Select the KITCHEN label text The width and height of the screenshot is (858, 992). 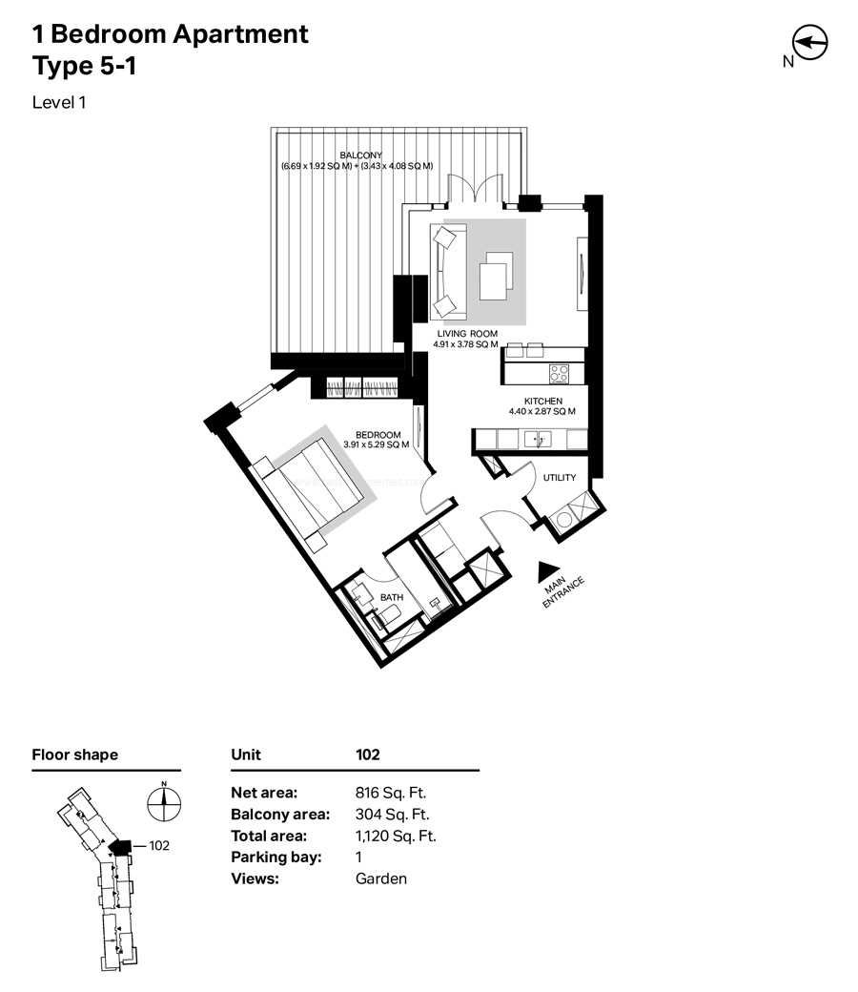point(542,401)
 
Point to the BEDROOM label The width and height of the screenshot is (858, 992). point(377,434)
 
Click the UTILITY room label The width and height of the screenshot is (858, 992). point(560,477)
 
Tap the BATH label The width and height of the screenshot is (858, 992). point(392,597)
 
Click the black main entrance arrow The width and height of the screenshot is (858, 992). point(548,570)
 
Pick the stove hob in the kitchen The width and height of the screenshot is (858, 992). point(559,373)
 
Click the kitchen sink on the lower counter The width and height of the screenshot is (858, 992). point(538,439)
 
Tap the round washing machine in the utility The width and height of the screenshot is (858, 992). point(565,520)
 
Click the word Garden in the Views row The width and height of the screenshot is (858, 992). point(380,878)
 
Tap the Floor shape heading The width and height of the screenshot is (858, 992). point(75,754)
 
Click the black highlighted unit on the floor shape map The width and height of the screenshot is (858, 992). point(120,846)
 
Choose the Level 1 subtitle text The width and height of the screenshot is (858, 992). point(60,102)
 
